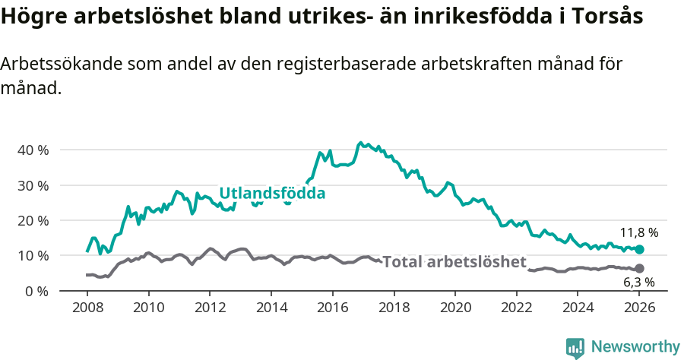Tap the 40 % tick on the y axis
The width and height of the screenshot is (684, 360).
pos(33,150)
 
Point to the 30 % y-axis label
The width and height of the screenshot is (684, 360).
pos(33,185)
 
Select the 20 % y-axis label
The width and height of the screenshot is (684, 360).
pos(33,220)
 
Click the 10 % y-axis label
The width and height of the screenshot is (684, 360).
pos(33,255)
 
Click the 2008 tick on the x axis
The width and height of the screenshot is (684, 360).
pos(87,308)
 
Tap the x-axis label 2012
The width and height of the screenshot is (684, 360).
pos(210,308)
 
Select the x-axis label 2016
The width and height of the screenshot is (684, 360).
pos(332,308)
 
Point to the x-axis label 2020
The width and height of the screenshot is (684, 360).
pos(455,308)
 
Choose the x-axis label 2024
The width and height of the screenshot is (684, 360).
pos(578,308)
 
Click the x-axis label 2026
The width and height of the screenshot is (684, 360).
pos(639,308)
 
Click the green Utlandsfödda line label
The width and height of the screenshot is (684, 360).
pos(272,194)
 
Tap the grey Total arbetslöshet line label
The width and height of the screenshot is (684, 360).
pos(454,262)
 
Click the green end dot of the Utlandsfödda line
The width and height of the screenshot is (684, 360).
pos(639,249)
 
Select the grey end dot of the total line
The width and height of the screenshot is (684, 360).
pos(639,268)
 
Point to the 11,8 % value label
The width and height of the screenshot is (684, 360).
pos(638,232)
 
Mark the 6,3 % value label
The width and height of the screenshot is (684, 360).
pos(638,283)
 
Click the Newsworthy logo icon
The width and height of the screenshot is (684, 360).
pos(575,347)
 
